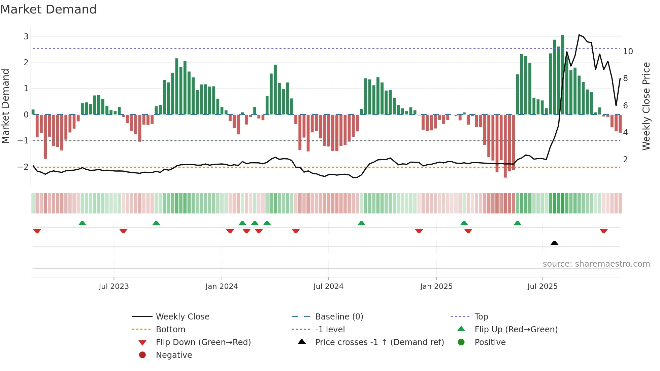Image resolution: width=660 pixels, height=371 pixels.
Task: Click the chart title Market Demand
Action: [48, 9]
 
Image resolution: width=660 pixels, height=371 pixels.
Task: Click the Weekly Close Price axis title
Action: [646, 106]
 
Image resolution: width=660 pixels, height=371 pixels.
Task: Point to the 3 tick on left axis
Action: [26, 36]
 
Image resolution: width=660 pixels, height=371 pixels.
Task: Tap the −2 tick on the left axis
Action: [23, 167]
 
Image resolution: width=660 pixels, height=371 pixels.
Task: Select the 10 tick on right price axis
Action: [628, 52]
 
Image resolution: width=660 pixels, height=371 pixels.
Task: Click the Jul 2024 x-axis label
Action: [328, 286]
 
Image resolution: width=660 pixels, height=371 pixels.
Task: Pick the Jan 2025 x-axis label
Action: [436, 286]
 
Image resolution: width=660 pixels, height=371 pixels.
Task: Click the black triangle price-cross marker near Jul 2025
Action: [554, 243]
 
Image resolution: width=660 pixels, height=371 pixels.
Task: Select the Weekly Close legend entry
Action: [182, 316]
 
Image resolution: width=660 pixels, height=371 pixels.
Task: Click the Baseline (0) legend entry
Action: [339, 316]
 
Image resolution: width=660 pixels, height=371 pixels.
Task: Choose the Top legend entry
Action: [481, 316]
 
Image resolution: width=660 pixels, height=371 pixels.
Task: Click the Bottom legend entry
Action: [170, 329]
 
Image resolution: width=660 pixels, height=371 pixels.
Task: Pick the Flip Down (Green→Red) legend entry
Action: [203, 342]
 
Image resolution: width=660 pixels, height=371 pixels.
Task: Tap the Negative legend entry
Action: [174, 355]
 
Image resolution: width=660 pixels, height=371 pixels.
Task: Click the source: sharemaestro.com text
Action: [596, 264]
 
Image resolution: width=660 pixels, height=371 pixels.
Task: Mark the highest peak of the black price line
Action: [579, 35]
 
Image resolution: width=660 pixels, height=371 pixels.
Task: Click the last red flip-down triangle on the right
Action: [603, 231]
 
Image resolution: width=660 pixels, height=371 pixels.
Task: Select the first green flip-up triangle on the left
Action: [82, 223]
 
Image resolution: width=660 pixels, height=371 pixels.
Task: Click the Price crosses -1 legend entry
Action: [379, 342]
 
